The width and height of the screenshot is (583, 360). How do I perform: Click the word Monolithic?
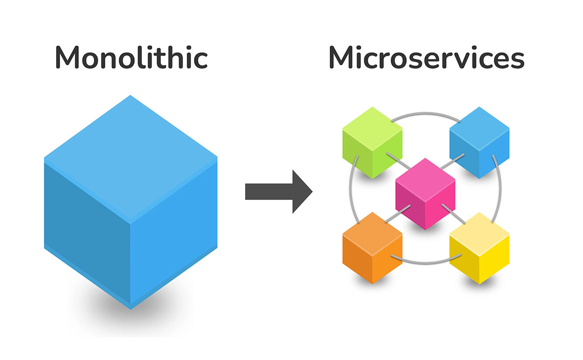(x=131, y=57)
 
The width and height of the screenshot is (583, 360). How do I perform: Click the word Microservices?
(x=427, y=57)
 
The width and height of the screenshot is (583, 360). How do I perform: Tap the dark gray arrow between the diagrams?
(x=279, y=191)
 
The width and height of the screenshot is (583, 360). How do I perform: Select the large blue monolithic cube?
(x=131, y=202)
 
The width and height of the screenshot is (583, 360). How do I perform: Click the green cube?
(x=372, y=143)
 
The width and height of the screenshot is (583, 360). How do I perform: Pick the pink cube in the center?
(x=425, y=194)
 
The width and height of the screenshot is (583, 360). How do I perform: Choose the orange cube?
(x=372, y=248)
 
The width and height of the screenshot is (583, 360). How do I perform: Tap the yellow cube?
(x=480, y=248)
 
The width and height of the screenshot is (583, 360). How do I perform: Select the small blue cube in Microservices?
(x=480, y=143)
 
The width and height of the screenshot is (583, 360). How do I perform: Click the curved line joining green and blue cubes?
(x=426, y=113)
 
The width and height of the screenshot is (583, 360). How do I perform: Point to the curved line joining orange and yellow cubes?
(x=426, y=262)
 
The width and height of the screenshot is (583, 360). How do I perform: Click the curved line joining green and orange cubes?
(x=350, y=189)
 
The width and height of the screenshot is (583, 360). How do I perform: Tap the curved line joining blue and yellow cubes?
(x=500, y=189)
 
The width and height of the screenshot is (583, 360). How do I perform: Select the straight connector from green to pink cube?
(x=399, y=160)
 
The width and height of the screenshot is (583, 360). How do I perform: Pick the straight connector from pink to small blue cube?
(x=453, y=161)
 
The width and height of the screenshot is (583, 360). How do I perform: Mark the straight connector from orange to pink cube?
(x=398, y=214)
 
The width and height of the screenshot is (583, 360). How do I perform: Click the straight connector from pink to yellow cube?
(x=453, y=214)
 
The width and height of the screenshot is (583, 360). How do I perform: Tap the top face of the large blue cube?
(x=131, y=159)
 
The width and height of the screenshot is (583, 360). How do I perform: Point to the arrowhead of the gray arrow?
(x=302, y=191)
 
